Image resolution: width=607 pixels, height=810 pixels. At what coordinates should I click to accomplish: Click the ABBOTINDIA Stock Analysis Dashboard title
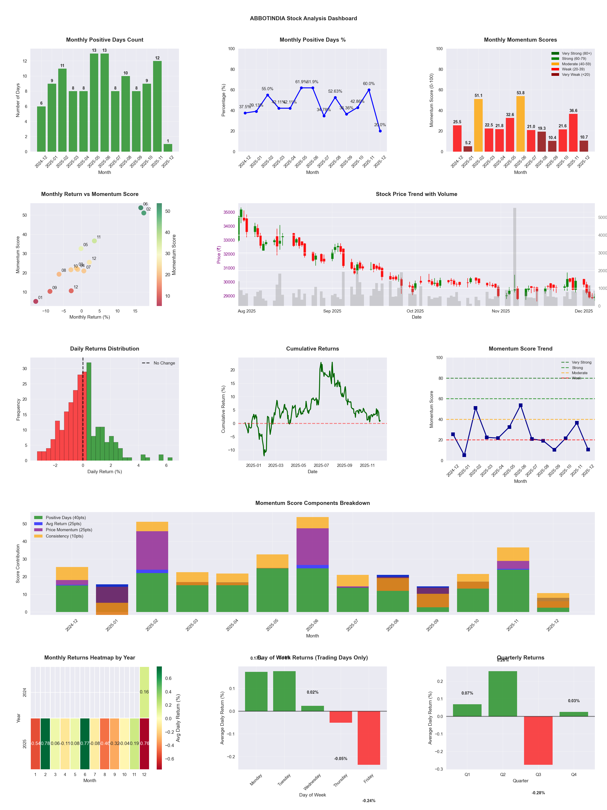[303, 18]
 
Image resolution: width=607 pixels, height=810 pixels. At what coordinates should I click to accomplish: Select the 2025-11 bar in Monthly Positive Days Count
[157, 106]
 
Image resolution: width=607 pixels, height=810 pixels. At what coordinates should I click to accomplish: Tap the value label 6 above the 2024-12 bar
[41, 103]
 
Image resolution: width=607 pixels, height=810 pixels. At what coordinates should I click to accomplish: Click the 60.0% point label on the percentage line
[369, 83]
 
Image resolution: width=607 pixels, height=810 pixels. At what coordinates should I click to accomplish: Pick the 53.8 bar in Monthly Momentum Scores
[520, 124]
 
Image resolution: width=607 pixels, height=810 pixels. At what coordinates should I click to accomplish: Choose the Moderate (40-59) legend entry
[576, 64]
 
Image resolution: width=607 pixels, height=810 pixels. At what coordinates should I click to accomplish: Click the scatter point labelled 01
[36, 301]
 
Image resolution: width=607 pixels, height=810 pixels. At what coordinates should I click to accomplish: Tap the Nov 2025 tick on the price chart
[500, 311]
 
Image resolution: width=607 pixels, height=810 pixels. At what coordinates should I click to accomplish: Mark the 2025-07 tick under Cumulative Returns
[321, 466]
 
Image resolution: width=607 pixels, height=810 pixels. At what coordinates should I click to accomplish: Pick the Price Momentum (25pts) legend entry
[69, 530]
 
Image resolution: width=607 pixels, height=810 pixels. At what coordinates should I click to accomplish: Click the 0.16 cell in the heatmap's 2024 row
[144, 692]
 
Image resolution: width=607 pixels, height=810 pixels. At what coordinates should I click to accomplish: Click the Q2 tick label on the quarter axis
[503, 774]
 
